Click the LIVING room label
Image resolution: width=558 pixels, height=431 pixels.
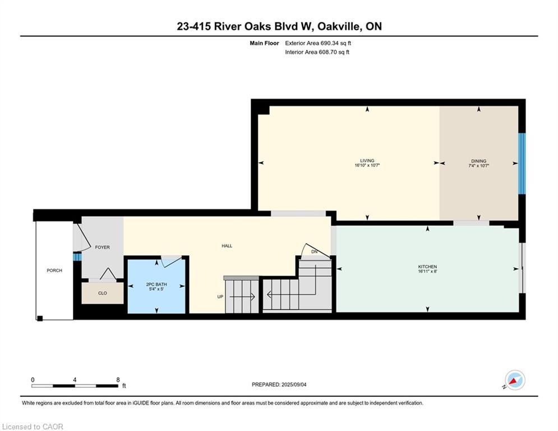coord(367,161)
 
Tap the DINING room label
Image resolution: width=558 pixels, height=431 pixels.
coord(478,161)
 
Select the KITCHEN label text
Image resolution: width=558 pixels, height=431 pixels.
coord(427,267)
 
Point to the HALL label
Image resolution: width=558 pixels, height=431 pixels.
coord(227,246)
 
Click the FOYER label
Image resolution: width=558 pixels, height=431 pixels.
coord(103,247)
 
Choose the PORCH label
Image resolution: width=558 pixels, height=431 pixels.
coord(54,270)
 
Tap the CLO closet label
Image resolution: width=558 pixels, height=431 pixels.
coord(103,293)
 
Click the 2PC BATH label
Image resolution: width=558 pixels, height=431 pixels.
coord(156,284)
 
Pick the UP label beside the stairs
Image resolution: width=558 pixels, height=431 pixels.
coord(220,297)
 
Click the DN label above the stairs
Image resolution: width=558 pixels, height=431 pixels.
coord(314,252)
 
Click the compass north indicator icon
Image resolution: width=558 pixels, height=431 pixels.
coord(515,380)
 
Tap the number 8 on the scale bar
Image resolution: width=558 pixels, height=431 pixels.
coord(118,380)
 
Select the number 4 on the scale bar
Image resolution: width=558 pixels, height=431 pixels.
coord(75,380)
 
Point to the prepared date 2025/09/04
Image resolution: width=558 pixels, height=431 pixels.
coord(294,384)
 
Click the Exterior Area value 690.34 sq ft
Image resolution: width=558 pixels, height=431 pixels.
coord(336,43)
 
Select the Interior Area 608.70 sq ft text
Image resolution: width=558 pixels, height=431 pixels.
coord(317,52)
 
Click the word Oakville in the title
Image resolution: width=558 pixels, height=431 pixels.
coord(338,26)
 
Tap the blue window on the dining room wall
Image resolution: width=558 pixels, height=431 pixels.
coord(522,163)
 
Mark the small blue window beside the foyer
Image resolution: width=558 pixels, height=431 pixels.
coord(77,256)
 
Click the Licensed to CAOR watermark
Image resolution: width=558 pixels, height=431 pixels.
coord(33,427)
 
